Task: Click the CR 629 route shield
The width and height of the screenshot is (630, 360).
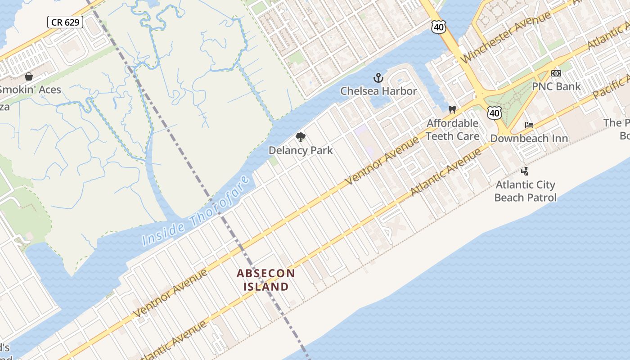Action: point(65,22)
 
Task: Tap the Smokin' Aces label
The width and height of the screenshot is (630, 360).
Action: point(30,90)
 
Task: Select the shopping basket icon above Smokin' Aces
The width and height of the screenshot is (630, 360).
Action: point(29,76)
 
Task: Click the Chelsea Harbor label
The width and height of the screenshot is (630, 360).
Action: point(378,91)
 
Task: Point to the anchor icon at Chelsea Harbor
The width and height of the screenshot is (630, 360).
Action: point(378,78)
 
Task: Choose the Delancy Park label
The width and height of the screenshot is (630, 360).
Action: point(301,150)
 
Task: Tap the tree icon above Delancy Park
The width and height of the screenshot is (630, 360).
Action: point(300,137)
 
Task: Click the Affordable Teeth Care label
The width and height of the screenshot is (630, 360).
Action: point(452,130)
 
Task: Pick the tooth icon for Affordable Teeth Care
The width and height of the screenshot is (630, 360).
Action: point(452,109)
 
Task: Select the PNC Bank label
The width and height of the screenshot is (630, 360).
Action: point(556,86)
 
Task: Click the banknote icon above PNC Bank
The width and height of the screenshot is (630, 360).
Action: point(556,73)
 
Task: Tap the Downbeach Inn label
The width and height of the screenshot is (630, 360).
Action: point(529,138)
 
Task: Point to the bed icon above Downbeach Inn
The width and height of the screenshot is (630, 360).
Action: point(529,125)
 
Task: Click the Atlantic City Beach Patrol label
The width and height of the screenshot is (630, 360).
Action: point(525,191)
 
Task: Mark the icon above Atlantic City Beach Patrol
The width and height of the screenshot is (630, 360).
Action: point(525,171)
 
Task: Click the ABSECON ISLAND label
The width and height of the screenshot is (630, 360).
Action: point(266,279)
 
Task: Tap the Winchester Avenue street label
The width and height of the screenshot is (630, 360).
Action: point(506,37)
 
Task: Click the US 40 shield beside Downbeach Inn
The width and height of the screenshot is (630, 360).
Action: point(495,113)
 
